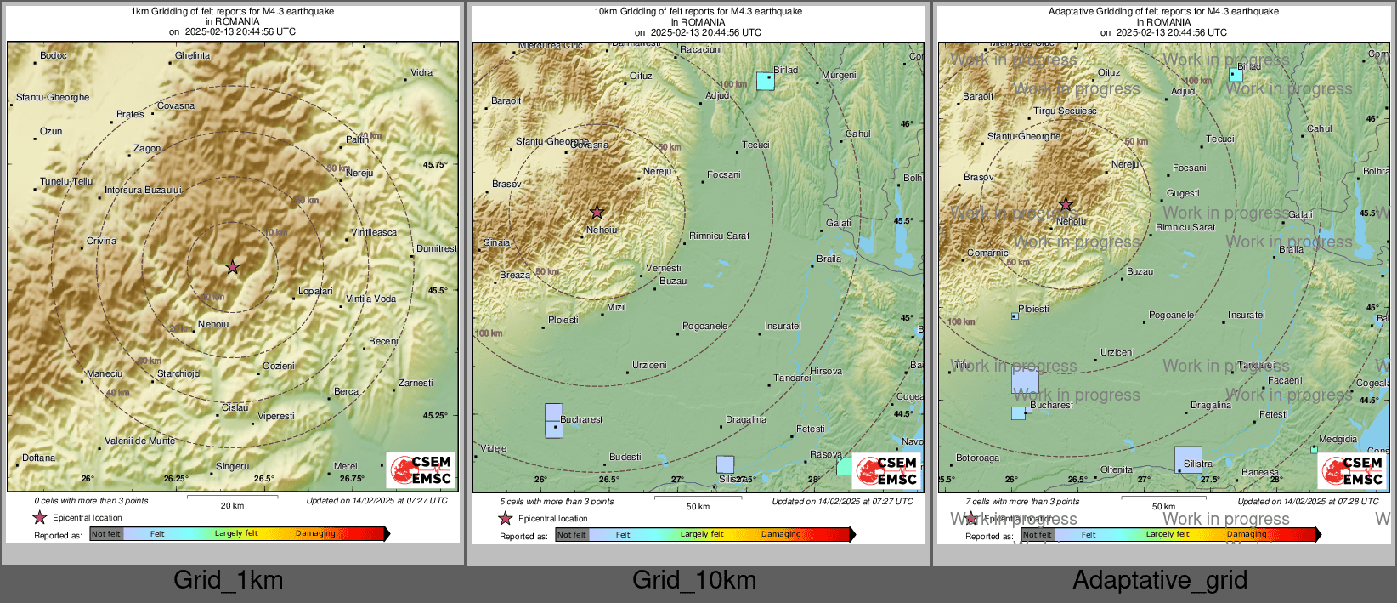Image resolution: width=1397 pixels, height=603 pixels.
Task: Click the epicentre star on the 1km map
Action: point(232,267)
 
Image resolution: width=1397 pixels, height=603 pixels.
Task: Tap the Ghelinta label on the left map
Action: point(192,55)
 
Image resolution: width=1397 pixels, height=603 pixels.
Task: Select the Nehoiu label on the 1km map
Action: point(213,324)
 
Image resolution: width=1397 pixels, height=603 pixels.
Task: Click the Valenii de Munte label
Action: point(140,441)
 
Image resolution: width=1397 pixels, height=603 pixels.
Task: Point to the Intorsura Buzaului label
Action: point(143,190)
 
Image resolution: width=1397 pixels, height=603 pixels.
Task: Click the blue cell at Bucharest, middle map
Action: point(553,420)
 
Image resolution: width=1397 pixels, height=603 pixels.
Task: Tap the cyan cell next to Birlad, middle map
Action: point(765,81)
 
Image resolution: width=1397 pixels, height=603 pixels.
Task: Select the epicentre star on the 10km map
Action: point(597,212)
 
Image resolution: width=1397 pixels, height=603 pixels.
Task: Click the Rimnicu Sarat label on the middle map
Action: point(719,236)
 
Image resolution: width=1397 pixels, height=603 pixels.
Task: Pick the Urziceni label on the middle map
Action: point(649,365)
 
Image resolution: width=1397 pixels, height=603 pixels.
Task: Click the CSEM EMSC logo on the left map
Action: point(421,469)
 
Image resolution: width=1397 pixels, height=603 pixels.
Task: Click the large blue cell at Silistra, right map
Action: point(1188,459)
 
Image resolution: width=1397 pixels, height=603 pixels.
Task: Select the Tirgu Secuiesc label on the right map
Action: point(1065,111)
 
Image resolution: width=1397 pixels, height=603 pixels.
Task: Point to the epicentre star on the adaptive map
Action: point(1066,205)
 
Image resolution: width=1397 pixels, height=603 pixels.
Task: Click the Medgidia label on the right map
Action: point(1338,440)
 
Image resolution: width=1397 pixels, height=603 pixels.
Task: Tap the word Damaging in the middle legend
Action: point(781,534)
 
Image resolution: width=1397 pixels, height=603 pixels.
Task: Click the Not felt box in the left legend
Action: point(106,534)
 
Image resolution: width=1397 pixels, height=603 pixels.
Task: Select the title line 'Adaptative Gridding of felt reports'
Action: point(1163,11)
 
